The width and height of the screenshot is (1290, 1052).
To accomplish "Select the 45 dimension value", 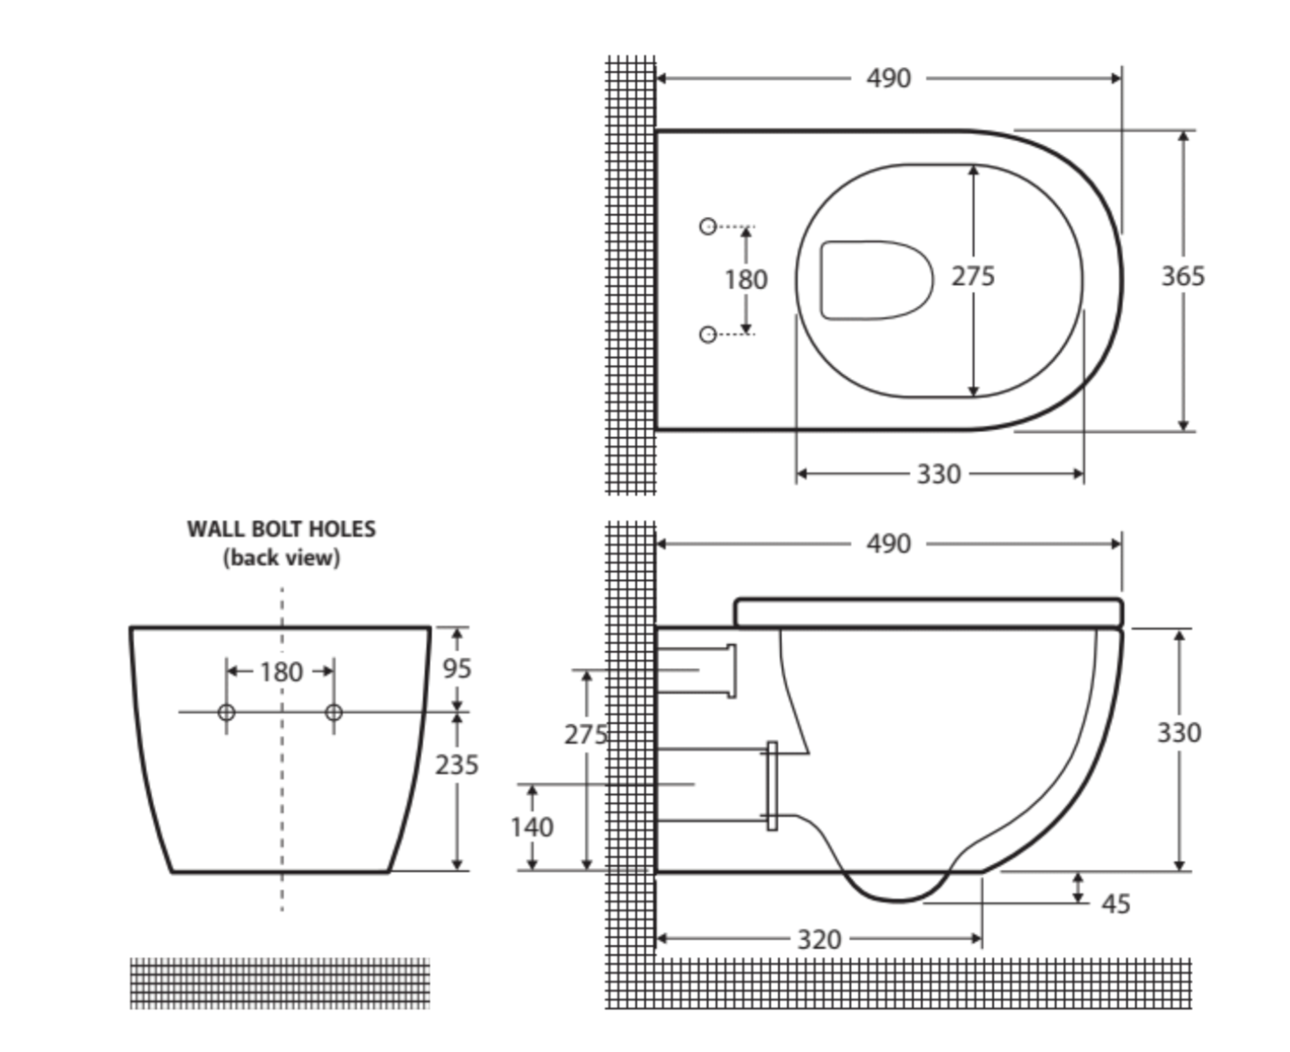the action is [1115, 904].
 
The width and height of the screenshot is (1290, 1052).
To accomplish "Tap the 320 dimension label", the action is [819, 939].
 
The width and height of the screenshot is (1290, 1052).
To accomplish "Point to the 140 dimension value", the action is [531, 827].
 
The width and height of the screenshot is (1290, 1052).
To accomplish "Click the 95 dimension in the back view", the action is [456, 669].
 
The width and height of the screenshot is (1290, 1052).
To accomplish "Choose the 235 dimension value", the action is [456, 765].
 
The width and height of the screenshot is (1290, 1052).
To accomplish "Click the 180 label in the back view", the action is [281, 672].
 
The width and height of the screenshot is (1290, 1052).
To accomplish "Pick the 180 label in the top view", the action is [745, 280].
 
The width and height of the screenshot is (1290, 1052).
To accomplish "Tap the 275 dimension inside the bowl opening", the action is [973, 277].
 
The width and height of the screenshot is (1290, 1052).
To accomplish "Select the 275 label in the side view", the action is [585, 735].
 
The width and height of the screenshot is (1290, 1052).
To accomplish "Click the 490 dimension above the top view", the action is [888, 78].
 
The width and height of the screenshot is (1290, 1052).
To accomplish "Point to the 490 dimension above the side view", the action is [888, 544].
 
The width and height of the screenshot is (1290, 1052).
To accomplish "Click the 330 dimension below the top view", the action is [938, 475].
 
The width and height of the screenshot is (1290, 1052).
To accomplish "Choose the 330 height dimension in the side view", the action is [1179, 733].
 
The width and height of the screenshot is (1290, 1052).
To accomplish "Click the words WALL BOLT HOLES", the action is [281, 529].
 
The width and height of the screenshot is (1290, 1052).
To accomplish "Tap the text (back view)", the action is [281, 558].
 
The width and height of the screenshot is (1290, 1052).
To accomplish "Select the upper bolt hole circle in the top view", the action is [708, 226].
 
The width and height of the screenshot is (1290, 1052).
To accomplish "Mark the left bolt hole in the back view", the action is [226, 713].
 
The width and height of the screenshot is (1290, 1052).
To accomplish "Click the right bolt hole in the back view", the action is [333, 713].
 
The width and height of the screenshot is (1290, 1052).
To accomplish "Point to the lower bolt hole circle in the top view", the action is [708, 335].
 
